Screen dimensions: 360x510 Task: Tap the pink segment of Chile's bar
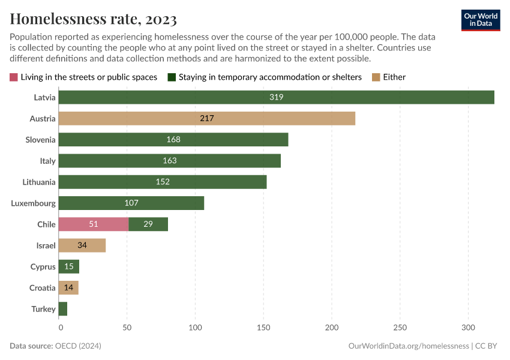tap(94, 224)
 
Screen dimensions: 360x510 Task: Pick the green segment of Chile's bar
tap(148, 224)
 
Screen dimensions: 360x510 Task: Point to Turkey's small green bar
tap(64, 309)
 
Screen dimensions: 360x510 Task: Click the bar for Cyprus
tap(70, 266)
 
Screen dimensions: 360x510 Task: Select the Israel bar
tap(83, 245)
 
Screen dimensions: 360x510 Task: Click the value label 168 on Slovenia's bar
tap(173, 140)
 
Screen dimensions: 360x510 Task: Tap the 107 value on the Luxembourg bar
tap(131, 203)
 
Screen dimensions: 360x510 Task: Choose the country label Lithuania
tap(39, 182)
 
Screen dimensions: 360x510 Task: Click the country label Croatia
tap(43, 288)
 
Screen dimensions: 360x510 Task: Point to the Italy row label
tap(48, 161)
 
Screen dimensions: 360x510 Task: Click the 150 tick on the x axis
tap(263, 328)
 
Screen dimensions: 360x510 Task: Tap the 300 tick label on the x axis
tap(468, 328)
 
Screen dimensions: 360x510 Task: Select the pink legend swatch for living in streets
tap(14, 77)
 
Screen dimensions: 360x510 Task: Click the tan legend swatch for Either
tap(376, 77)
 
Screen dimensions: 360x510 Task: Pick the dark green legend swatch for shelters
tap(171, 77)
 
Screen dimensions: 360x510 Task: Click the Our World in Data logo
tap(480, 20)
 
